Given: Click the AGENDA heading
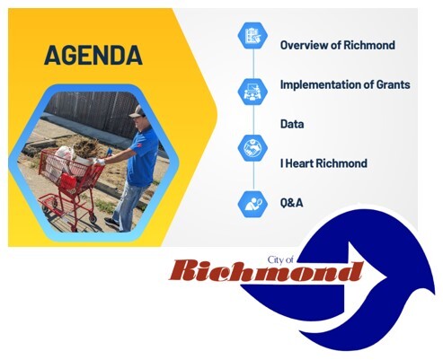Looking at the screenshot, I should (93, 56).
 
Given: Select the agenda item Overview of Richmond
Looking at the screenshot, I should (337, 45).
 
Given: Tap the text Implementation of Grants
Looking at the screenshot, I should (345, 84).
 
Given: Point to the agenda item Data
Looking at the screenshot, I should (293, 125).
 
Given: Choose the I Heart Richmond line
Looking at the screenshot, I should (323, 163).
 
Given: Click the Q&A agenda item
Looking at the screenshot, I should (291, 203).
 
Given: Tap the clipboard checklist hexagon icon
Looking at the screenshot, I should (250, 36).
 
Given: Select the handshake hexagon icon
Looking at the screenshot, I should (250, 148).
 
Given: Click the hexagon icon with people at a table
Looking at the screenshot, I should (250, 90).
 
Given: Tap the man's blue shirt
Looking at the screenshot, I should (144, 149).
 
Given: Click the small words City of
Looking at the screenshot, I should (281, 259).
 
